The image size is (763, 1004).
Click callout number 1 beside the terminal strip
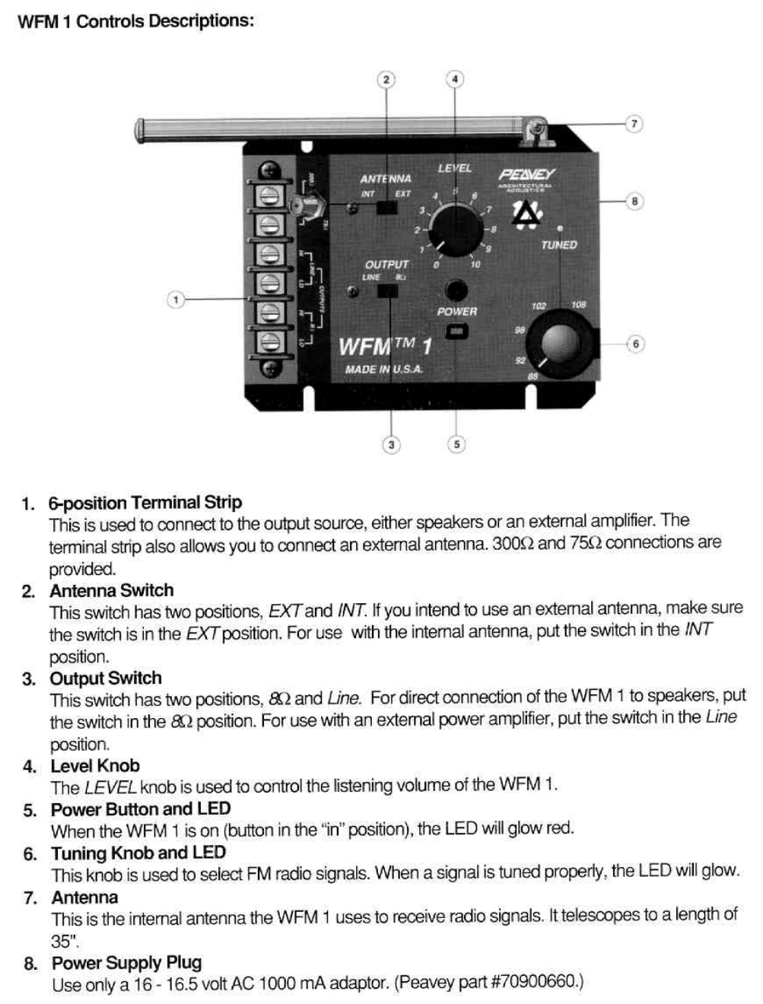pyautogui.click(x=176, y=300)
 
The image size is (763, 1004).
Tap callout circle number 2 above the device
pyautogui.click(x=386, y=79)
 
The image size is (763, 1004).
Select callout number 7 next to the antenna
pyautogui.click(x=634, y=124)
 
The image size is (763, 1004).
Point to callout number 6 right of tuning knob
pyautogui.click(x=634, y=344)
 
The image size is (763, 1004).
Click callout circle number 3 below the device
pyautogui.click(x=391, y=445)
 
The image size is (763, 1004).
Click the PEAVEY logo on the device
pyautogui.click(x=526, y=174)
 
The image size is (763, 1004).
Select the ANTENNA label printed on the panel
pyautogui.click(x=385, y=179)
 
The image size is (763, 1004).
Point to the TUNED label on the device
pyautogui.click(x=559, y=245)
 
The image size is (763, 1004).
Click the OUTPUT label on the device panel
pyautogui.click(x=386, y=265)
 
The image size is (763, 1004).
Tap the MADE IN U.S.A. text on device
pyautogui.click(x=383, y=370)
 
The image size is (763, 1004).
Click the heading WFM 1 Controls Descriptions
pyautogui.click(x=135, y=21)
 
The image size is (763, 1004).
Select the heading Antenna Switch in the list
pyautogui.click(x=112, y=591)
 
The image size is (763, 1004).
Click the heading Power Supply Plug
pyautogui.click(x=126, y=963)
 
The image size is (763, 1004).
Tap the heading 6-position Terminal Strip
pyautogui.click(x=145, y=503)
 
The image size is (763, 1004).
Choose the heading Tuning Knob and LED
pyautogui.click(x=138, y=853)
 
